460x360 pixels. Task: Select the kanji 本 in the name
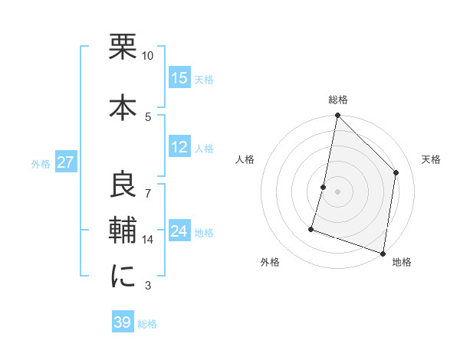123,105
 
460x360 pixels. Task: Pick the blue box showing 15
179,78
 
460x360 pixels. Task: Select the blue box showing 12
179,148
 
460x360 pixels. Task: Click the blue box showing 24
179,232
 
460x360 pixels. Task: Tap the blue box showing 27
65,163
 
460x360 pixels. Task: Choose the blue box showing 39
123,322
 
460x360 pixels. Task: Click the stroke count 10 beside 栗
147,56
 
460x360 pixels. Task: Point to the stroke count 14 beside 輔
147,240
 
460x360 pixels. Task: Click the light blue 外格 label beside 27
41,164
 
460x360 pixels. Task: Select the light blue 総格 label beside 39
147,324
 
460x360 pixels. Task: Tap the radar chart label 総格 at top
338,100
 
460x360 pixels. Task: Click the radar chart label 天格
432,159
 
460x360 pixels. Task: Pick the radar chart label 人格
245,159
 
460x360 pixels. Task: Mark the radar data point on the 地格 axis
383,252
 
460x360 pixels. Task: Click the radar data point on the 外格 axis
311,228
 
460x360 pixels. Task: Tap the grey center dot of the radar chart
337,191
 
